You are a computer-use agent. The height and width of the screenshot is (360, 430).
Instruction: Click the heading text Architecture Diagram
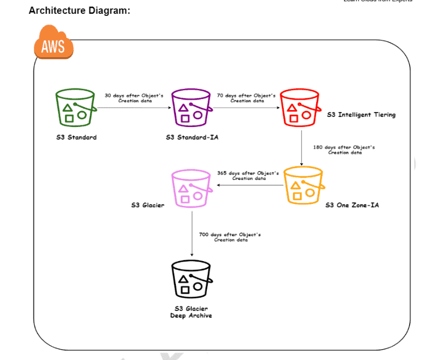click(79, 10)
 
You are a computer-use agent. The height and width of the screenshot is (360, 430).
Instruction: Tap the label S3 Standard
click(76, 137)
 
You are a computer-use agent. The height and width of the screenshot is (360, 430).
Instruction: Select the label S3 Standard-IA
click(192, 137)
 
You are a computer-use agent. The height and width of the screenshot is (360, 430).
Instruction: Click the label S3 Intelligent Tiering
click(361, 115)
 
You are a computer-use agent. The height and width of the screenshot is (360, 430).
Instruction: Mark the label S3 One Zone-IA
click(352, 205)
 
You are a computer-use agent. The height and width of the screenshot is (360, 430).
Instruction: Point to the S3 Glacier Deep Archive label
click(191, 312)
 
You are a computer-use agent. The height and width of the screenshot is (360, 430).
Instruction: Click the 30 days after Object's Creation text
click(134, 98)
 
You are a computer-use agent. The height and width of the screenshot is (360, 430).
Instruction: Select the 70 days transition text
click(246, 98)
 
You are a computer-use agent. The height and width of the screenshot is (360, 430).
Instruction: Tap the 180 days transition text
click(344, 149)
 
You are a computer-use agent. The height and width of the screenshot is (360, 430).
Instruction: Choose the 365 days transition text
click(248, 175)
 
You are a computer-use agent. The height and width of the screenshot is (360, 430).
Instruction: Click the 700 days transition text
click(230, 237)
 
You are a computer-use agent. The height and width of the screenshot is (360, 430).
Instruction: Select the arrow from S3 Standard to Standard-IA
click(134, 108)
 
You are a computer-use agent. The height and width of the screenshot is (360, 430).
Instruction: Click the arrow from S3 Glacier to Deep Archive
click(191, 234)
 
